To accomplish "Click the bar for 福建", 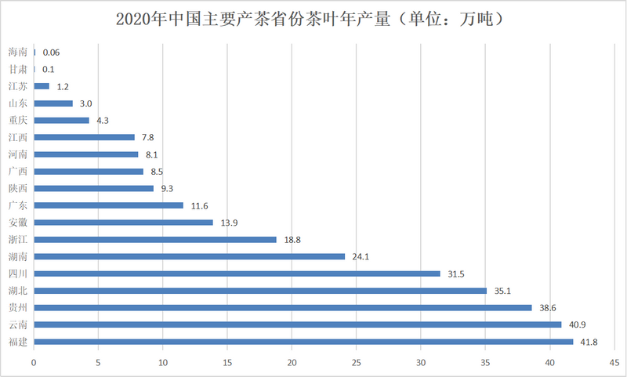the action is (303, 342).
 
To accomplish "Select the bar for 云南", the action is (298, 324).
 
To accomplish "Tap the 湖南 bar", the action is (190, 256).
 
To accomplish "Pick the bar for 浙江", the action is (155, 240).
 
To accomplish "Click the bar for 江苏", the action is (42, 86).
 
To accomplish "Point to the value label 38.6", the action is (548, 308).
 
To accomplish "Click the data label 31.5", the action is (456, 274).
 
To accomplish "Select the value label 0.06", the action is (51, 53).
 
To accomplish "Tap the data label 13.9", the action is (229, 223).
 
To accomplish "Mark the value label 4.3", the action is (103, 121).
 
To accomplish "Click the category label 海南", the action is (18, 52).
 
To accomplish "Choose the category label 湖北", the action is (18, 291).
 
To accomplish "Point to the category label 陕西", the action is (18, 188).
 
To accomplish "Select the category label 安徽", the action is (18, 223).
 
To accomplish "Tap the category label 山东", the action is (18, 103).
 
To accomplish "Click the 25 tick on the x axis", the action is (357, 363).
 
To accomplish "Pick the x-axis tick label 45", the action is (614, 363).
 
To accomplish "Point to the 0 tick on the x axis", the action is (34, 363).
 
